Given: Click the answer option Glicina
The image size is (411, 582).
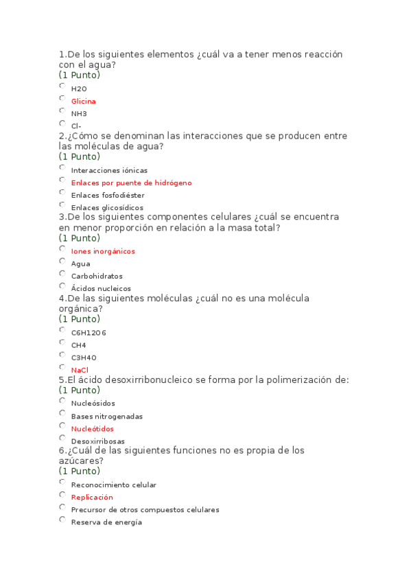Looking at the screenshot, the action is tap(83, 102).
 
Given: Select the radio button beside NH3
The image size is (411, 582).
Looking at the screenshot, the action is tap(62, 111).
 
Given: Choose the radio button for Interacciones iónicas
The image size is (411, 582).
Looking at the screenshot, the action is tap(62, 167).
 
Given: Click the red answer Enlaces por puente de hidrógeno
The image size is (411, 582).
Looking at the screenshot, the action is tap(131, 183).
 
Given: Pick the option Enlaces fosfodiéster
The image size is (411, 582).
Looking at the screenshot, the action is tap(108, 196).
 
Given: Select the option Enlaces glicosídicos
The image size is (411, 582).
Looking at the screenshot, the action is tap(107, 208).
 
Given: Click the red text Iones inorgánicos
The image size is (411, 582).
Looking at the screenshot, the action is tap(103, 251).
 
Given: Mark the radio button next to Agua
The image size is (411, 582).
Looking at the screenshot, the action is tap(62, 261).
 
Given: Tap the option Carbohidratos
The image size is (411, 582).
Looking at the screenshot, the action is tap(97, 277).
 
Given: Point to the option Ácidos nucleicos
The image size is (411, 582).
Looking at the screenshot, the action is tap(101, 289).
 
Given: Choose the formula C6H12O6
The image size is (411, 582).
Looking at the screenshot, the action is tap(89, 333).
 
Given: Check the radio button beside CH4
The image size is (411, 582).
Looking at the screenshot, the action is tap(62, 342).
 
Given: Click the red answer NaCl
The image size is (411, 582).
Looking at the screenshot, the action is tap(80, 370).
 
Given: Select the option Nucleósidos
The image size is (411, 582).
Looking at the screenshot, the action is tap(93, 404).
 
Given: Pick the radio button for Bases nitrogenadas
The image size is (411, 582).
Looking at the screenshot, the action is tap(62, 414).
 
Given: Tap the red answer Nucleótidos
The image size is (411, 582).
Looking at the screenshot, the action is tap(92, 429).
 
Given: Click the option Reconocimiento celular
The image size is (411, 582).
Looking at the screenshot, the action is tap(113, 485).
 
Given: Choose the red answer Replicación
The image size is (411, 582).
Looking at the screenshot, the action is tap(92, 498).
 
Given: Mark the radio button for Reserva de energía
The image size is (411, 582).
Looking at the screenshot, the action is tap(62, 520).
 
